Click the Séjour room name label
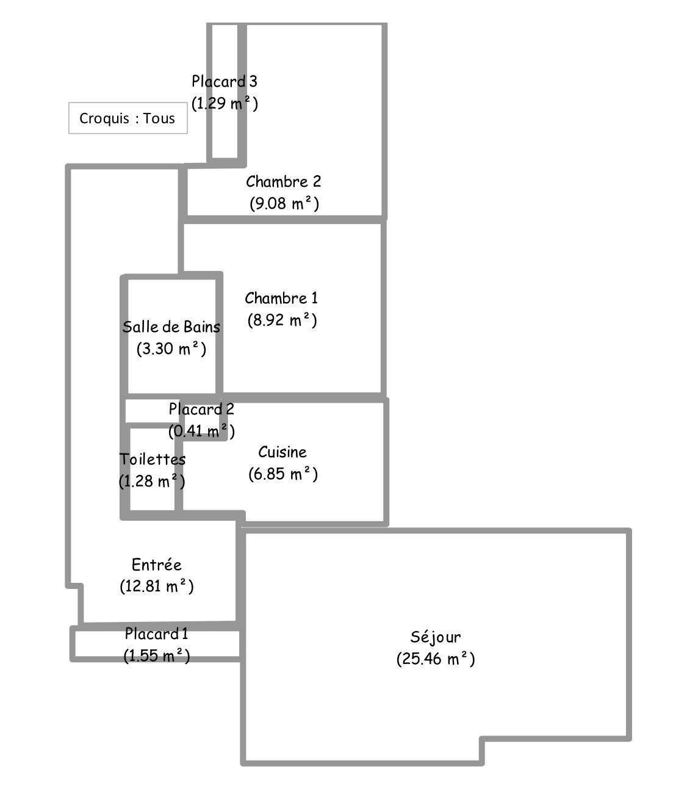click(435, 637)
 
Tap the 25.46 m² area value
click(435, 659)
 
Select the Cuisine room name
click(282, 452)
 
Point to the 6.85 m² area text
click(282, 474)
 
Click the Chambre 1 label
click(281, 298)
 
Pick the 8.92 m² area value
click(282, 320)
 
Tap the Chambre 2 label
click(283, 181)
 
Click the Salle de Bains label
click(171, 327)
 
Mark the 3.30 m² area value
click(171, 349)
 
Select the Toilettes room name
click(153, 458)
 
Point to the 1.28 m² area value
click(152, 481)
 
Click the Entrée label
click(157, 565)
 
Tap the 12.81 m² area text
click(157, 587)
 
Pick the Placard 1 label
click(156, 634)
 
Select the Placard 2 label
click(201, 409)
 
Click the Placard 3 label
click(225, 81)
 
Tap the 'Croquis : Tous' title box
click(128, 118)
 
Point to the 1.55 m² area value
click(156, 656)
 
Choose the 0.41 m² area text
click(201, 431)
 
